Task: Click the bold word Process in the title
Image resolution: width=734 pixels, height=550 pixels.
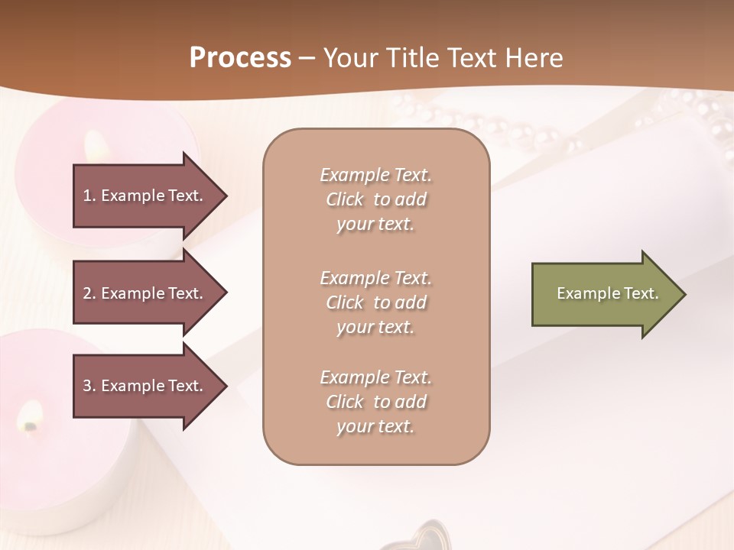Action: click(240, 58)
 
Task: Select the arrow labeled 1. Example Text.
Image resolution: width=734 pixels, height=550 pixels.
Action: click(145, 196)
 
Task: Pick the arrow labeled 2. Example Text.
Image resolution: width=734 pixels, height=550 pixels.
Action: click(145, 293)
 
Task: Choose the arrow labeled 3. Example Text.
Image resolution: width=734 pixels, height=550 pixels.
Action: click(145, 386)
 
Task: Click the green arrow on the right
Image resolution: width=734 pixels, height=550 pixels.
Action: click(604, 293)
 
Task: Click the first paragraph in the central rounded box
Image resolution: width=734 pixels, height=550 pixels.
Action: click(375, 199)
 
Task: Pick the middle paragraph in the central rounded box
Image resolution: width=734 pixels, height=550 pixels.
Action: click(375, 302)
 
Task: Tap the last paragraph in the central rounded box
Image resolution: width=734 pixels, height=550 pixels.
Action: click(375, 402)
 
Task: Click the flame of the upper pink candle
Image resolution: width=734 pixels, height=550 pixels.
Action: click(96, 143)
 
